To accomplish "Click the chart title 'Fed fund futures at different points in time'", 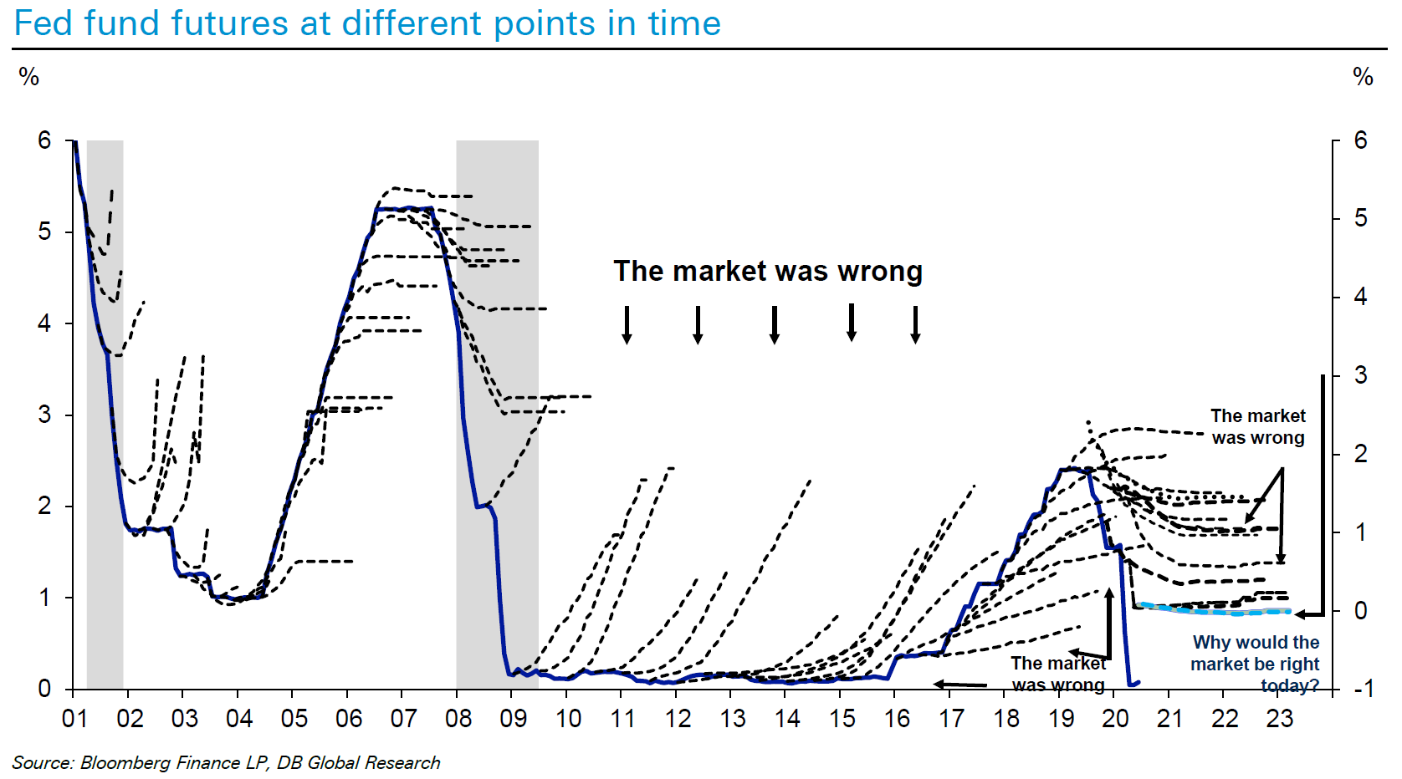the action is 367,23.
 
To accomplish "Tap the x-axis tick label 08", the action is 458,719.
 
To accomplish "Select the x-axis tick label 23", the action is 1279,719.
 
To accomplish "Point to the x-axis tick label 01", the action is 74,719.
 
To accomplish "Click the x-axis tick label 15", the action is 842,719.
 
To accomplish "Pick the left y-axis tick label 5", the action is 43,232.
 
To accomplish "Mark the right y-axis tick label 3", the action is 1361,375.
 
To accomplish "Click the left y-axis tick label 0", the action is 43,689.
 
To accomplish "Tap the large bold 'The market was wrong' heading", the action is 768,272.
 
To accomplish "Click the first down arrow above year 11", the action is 627,325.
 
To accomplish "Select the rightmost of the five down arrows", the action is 915,325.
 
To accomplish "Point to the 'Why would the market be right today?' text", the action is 1255,664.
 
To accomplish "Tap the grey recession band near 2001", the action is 105,414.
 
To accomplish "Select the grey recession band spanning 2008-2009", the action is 497,414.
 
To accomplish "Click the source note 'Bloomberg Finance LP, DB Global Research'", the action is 260,763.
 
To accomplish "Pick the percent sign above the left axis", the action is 28,77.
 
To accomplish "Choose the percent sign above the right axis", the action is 1363,77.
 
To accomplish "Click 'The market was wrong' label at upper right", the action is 1258,426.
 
